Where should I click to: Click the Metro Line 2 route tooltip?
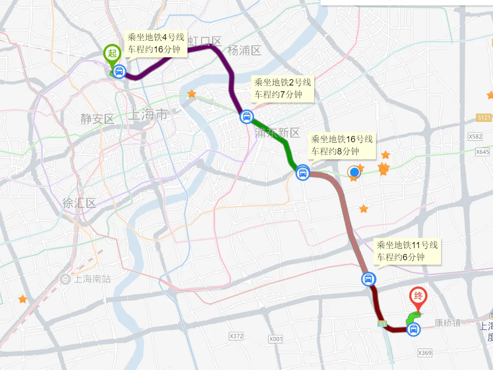tap(282, 88)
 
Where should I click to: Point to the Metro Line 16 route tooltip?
tap(342, 145)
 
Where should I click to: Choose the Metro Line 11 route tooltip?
tap(407, 251)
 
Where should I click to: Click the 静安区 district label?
tap(98, 119)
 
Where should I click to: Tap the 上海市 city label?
tap(148, 115)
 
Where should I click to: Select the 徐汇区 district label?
tap(79, 203)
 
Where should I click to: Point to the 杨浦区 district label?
tap(244, 50)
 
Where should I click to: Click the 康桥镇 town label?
tap(447, 322)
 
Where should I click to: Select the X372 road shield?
tap(236, 336)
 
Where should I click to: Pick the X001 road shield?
tap(275, 338)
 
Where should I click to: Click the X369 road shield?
tap(424, 353)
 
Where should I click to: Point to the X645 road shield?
tap(482, 151)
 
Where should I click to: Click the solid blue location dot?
tap(355, 172)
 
